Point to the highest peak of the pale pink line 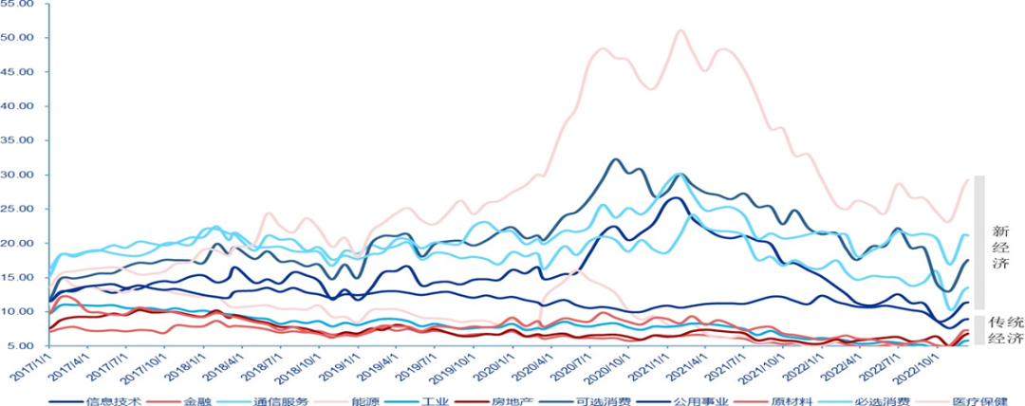click(680, 30)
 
